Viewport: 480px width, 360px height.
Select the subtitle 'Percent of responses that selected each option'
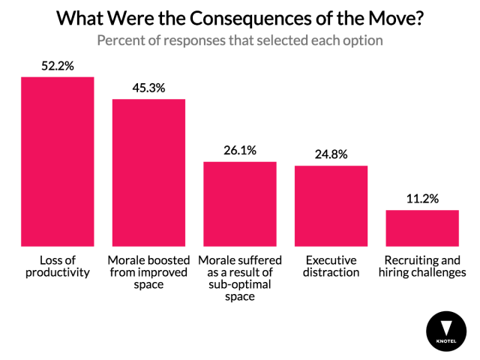240,40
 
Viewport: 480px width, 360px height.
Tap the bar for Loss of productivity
57,161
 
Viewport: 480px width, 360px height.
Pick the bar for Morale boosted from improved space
148,172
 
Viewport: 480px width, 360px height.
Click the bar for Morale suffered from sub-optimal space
240,203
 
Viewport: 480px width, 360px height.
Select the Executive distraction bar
331,205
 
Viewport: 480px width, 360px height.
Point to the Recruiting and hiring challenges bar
422,228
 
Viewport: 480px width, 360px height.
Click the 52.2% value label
57,65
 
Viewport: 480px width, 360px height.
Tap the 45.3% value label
148,88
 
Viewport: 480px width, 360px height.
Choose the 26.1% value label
240,150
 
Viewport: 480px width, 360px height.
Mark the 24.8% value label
331,154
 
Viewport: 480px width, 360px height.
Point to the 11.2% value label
422,199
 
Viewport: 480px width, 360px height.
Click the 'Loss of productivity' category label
57,265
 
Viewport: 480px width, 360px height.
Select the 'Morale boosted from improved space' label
148,271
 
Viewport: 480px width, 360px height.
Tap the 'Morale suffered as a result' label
240,277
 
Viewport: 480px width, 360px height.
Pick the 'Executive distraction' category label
331,265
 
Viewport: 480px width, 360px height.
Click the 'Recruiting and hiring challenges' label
422,265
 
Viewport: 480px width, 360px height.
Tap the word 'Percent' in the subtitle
121,40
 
